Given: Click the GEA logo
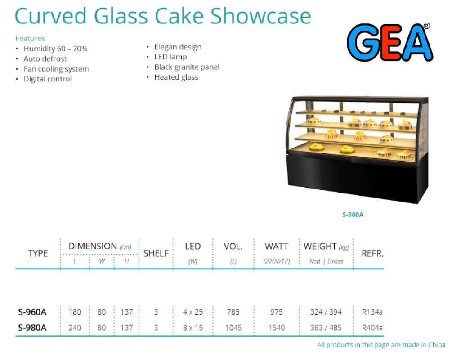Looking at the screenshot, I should [389, 42].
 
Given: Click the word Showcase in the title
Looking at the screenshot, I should [260, 16].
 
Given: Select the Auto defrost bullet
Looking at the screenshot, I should [45, 59].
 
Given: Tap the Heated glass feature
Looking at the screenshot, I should [176, 77].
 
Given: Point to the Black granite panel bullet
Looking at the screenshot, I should [187, 67].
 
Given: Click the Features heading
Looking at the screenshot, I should [30, 39].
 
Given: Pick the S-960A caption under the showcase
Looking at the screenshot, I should [353, 215].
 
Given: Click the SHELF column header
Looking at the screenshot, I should [156, 254].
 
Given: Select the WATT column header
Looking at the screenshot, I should [277, 247].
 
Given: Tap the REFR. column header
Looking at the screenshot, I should [372, 253].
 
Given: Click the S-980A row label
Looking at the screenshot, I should [32, 328].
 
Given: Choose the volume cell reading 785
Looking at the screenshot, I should [233, 312].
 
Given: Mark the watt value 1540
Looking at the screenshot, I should [276, 328].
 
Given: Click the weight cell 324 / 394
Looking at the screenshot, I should [326, 312].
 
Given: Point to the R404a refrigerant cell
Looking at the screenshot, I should [372, 328].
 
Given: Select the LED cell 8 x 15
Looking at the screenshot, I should [192, 328].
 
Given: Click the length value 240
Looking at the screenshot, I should [75, 328].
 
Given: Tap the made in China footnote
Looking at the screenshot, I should [381, 345].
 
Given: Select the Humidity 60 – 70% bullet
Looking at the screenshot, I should [55, 49].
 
